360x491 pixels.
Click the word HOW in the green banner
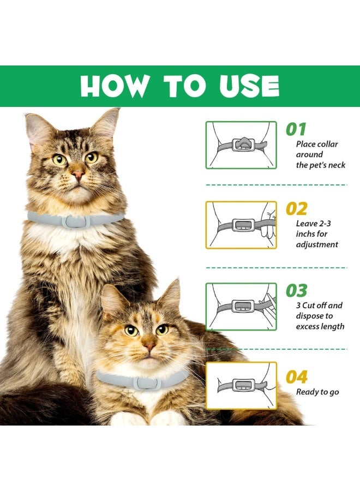pos(114,86)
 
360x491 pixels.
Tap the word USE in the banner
pos(249,86)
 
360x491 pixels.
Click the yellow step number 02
pos(296,208)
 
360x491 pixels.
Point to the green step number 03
pos(296,291)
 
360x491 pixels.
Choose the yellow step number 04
pos(296,376)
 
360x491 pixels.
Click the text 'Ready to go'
pos(317,392)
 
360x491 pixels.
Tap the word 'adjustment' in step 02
pos(317,244)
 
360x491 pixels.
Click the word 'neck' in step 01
pos(337,165)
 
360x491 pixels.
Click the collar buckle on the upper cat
pos(76,221)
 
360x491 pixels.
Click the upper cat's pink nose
pos(78,175)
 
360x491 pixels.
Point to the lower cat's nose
pos(149,345)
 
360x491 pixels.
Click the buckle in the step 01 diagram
pos(243,145)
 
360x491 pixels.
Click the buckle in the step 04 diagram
pos(243,386)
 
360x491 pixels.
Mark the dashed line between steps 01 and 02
pos(277,185)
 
